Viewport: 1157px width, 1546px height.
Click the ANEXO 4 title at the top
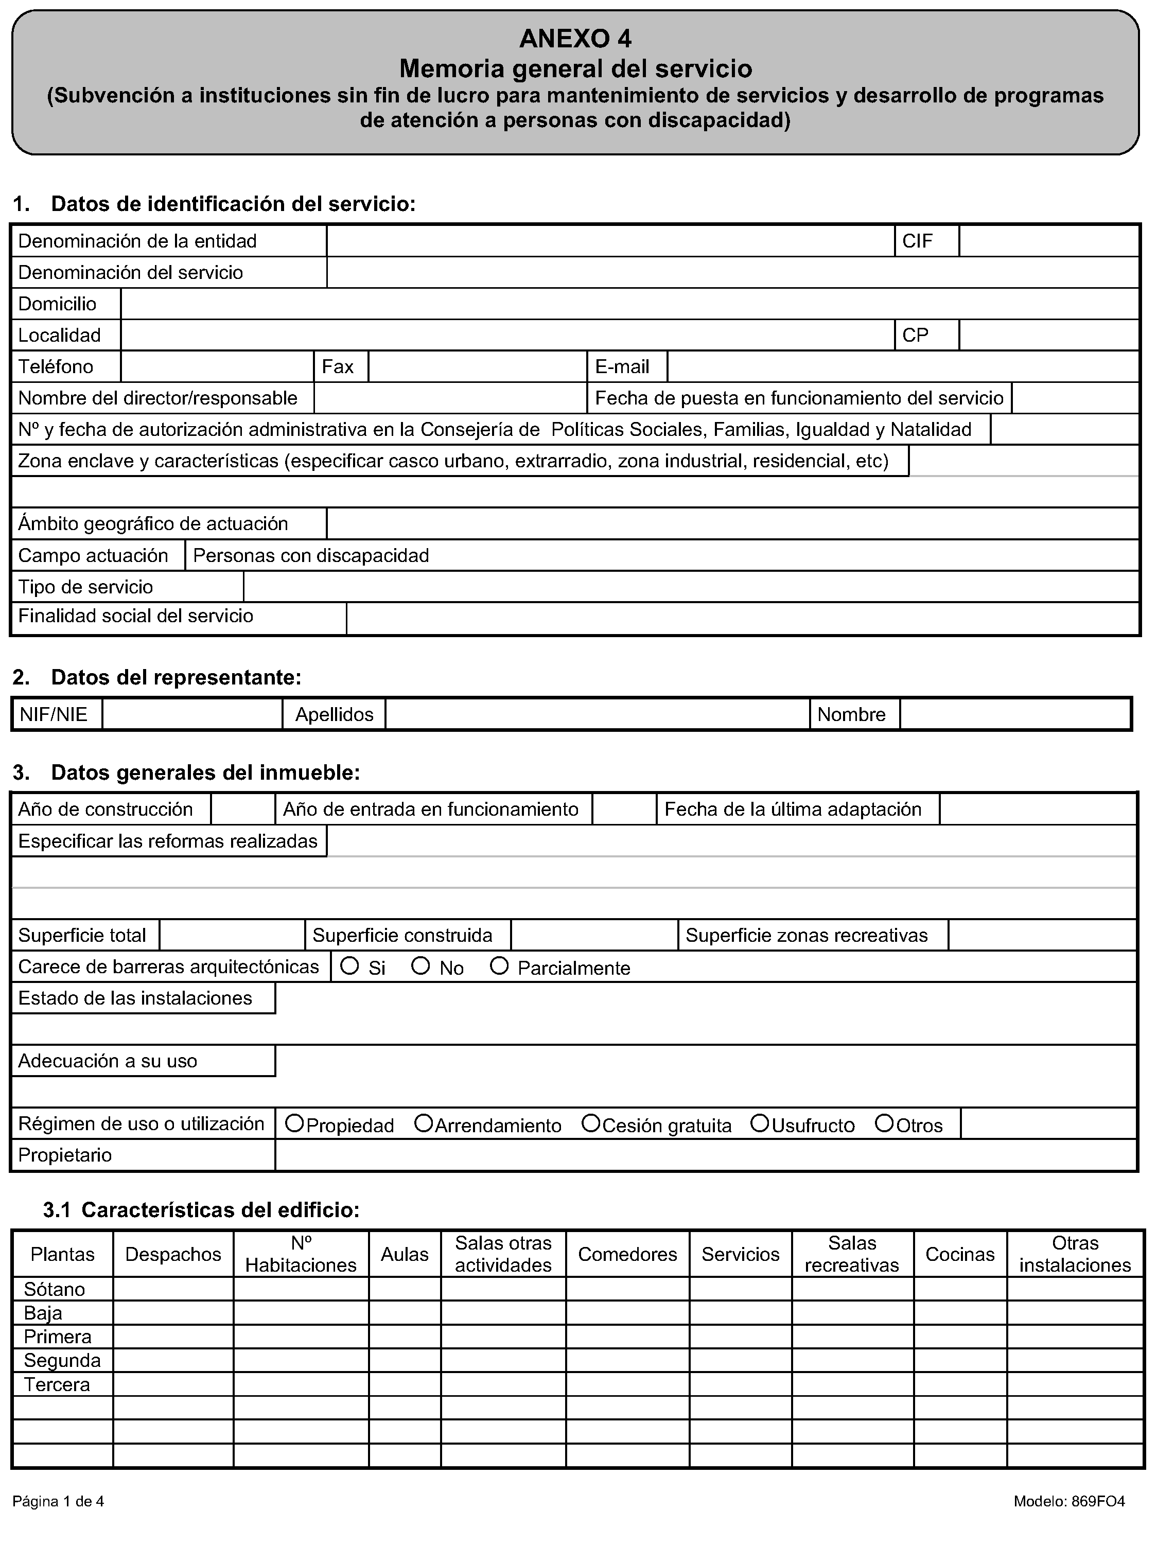click(575, 39)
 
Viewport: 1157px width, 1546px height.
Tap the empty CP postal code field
click(1048, 336)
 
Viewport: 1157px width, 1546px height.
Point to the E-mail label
click(622, 367)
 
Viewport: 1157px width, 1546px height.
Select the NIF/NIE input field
click(192, 714)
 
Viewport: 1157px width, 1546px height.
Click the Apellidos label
click(334, 714)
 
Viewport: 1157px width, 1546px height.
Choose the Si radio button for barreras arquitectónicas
click(349, 966)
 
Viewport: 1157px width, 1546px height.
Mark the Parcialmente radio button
click(498, 966)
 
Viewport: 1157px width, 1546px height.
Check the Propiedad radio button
click(294, 1123)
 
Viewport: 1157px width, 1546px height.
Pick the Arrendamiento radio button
click(423, 1123)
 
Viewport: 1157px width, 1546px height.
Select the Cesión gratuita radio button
click(591, 1123)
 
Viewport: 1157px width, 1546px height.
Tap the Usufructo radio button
click(759, 1123)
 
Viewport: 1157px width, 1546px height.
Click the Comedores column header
click(627, 1254)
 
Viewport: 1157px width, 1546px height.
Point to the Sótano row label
click(55, 1289)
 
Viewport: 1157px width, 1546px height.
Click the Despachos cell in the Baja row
click(173, 1312)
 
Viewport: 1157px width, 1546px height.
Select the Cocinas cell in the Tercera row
click(959, 1384)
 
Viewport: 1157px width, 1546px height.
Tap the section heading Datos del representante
click(176, 677)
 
